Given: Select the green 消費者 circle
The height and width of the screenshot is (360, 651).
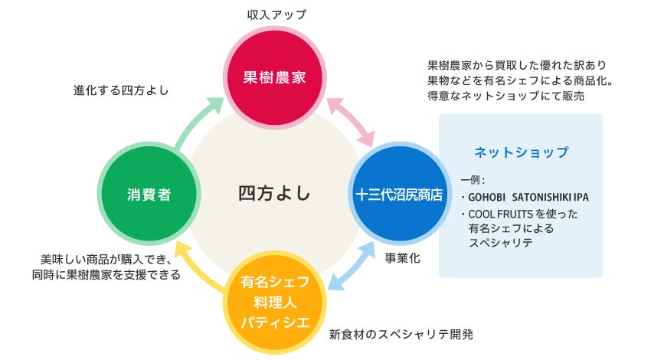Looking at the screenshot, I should (149, 195).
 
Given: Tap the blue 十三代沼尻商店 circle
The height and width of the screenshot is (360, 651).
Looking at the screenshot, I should (399, 195).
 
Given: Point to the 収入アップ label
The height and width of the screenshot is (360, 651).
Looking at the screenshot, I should (275, 15).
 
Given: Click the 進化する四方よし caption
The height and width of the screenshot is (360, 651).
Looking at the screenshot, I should (121, 90).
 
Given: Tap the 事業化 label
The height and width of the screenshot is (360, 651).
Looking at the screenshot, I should (402, 258).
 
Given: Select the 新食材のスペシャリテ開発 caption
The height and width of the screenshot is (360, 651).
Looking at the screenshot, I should (401, 334).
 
